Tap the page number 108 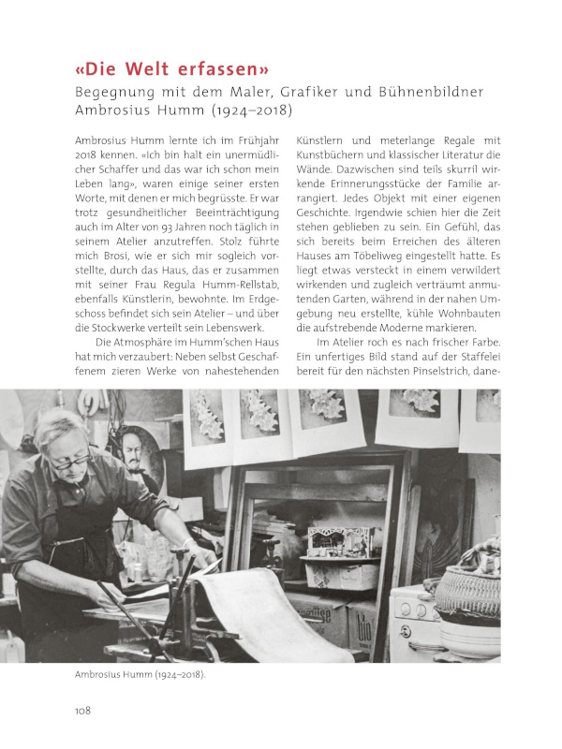82,711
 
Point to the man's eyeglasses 72,459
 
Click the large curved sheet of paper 262,609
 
